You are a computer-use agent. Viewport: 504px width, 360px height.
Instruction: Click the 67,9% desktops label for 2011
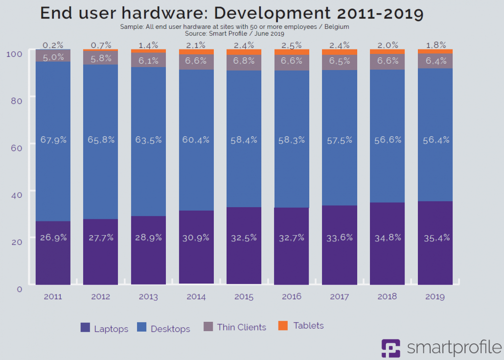53,140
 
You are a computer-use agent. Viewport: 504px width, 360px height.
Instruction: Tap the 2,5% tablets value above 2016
292,45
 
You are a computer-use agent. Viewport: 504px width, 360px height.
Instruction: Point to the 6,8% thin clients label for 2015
244,61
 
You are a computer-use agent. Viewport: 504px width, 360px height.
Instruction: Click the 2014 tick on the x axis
196,296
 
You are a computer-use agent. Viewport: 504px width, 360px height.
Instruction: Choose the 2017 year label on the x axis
339,296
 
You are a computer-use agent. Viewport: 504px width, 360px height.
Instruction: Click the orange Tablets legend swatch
283,326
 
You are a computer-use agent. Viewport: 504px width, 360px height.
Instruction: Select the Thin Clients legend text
242,327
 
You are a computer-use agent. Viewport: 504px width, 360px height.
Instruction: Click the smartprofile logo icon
390,348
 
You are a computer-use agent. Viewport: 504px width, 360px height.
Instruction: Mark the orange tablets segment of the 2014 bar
196,52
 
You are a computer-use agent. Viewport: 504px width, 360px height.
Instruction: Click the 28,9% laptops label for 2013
148,238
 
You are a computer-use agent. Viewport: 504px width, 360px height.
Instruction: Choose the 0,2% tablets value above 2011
53,45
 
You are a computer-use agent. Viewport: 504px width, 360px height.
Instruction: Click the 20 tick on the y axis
16,241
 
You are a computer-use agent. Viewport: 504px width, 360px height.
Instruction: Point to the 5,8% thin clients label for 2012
100,57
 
